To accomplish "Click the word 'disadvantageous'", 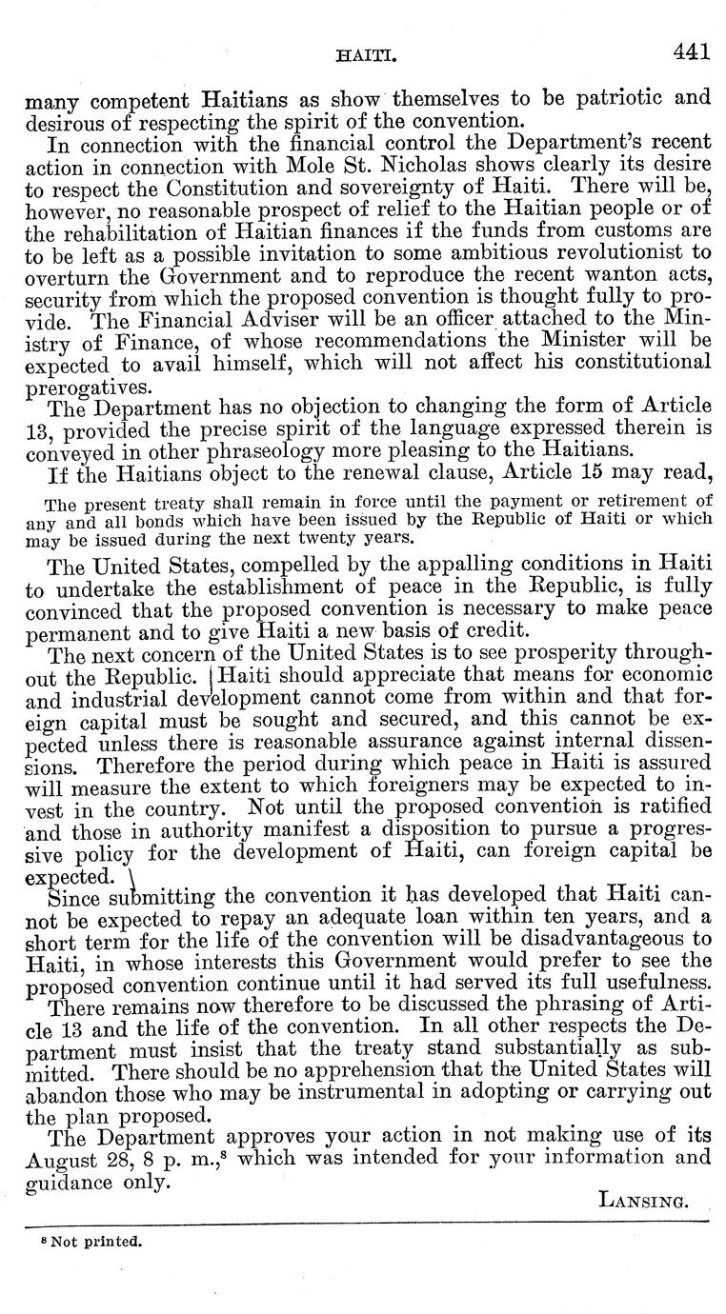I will [x=572, y=943].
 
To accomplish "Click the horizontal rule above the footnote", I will [x=363, y=1222].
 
